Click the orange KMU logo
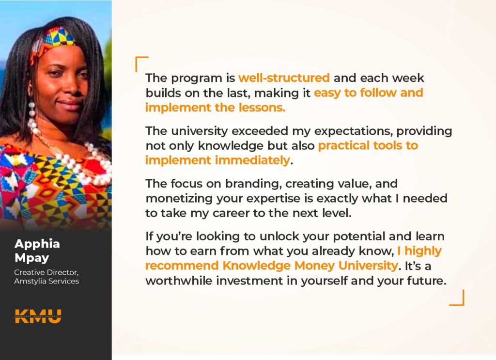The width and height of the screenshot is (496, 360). (x=38, y=316)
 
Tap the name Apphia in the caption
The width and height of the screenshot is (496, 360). (x=37, y=244)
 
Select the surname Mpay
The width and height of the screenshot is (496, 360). (x=31, y=258)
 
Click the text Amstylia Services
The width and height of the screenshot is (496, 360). (x=46, y=281)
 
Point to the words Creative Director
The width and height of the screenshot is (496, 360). (x=46, y=272)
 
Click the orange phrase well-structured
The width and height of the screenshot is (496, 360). (x=284, y=78)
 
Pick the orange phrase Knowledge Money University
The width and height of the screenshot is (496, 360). (x=310, y=266)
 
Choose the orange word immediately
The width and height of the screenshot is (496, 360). (x=252, y=160)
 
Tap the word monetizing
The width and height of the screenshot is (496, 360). (x=179, y=199)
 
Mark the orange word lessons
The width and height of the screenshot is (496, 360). (x=262, y=108)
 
